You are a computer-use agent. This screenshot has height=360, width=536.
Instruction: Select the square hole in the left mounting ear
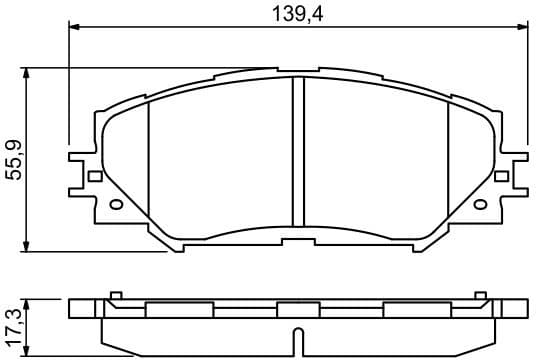(x=95, y=176)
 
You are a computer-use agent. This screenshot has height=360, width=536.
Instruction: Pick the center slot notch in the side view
(x=296, y=338)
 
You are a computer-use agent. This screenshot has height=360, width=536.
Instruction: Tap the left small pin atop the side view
(x=116, y=295)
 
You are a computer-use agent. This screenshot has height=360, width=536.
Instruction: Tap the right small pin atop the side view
(x=480, y=295)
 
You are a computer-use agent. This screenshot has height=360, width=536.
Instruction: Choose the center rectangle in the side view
(x=297, y=310)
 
